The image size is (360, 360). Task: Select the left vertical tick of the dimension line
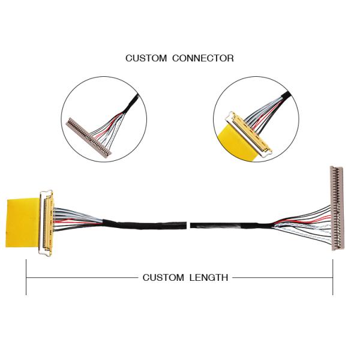click(26, 277)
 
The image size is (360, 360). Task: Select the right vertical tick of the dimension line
click(332, 277)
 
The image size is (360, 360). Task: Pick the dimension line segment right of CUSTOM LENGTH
click(282, 277)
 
